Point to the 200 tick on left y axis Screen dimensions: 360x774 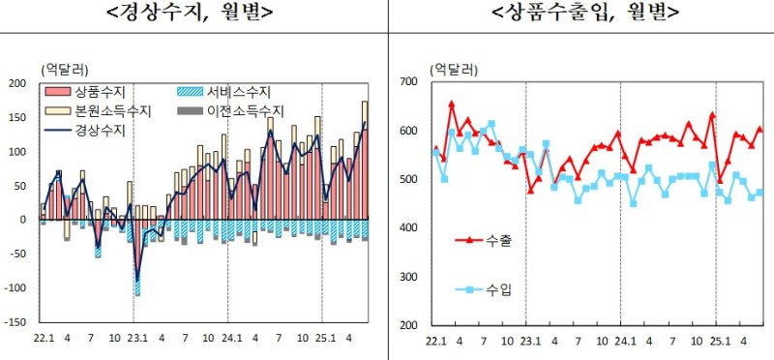(16, 83)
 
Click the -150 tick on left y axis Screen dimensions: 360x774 (15, 322)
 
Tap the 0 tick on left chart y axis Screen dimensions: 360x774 (22, 220)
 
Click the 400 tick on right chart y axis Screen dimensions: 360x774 (409, 228)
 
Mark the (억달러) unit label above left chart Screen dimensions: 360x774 (65, 69)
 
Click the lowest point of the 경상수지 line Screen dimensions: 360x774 (137, 281)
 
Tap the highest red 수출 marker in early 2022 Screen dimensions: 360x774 (452, 103)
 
